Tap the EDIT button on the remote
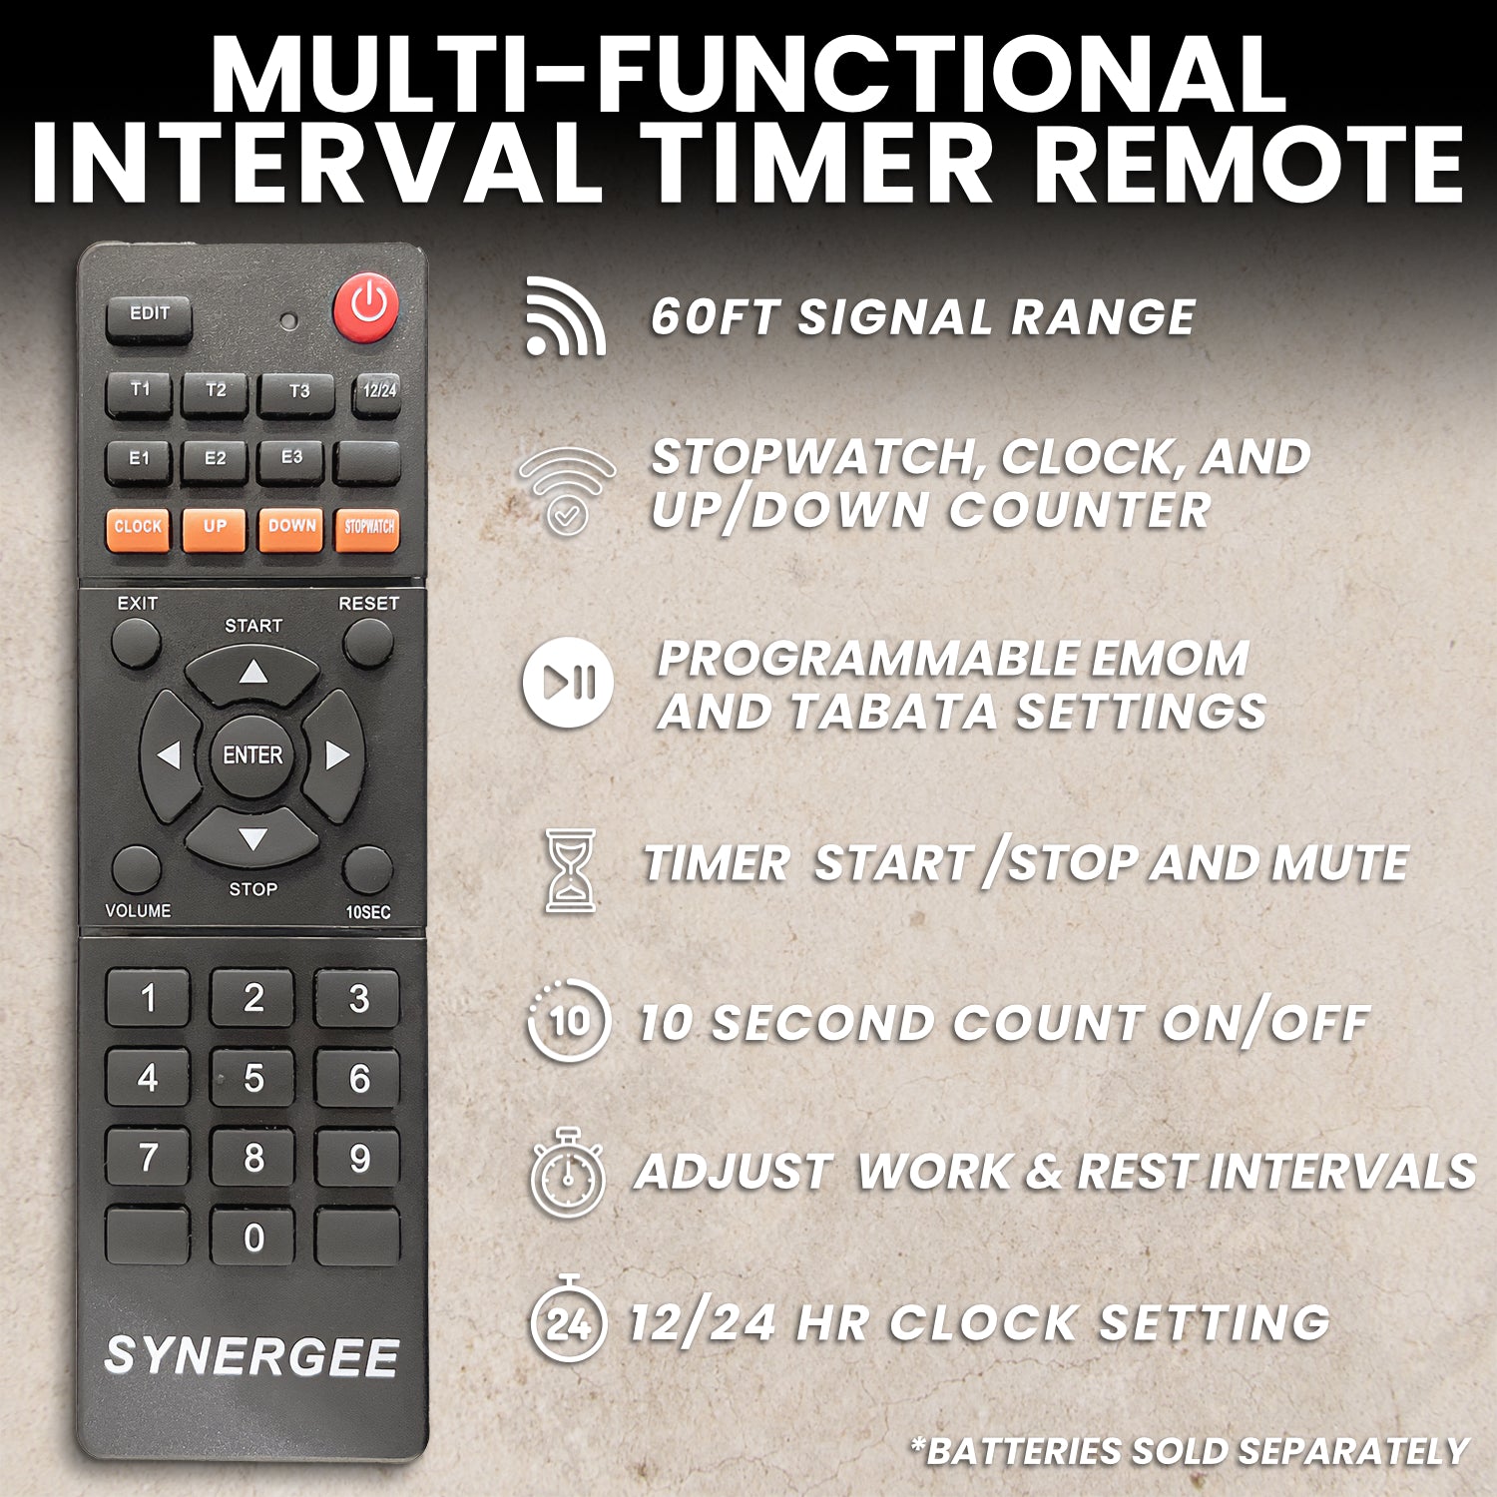[x=149, y=317]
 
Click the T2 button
[x=215, y=392]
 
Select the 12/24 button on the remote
[x=377, y=392]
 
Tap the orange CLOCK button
[x=138, y=528]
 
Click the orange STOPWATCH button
[x=368, y=528]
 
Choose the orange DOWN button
[x=291, y=528]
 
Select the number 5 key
[x=253, y=1079]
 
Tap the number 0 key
[x=253, y=1239]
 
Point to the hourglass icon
[x=570, y=869]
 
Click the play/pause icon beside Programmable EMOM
[x=568, y=683]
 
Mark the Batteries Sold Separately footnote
[x=1189, y=1450]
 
